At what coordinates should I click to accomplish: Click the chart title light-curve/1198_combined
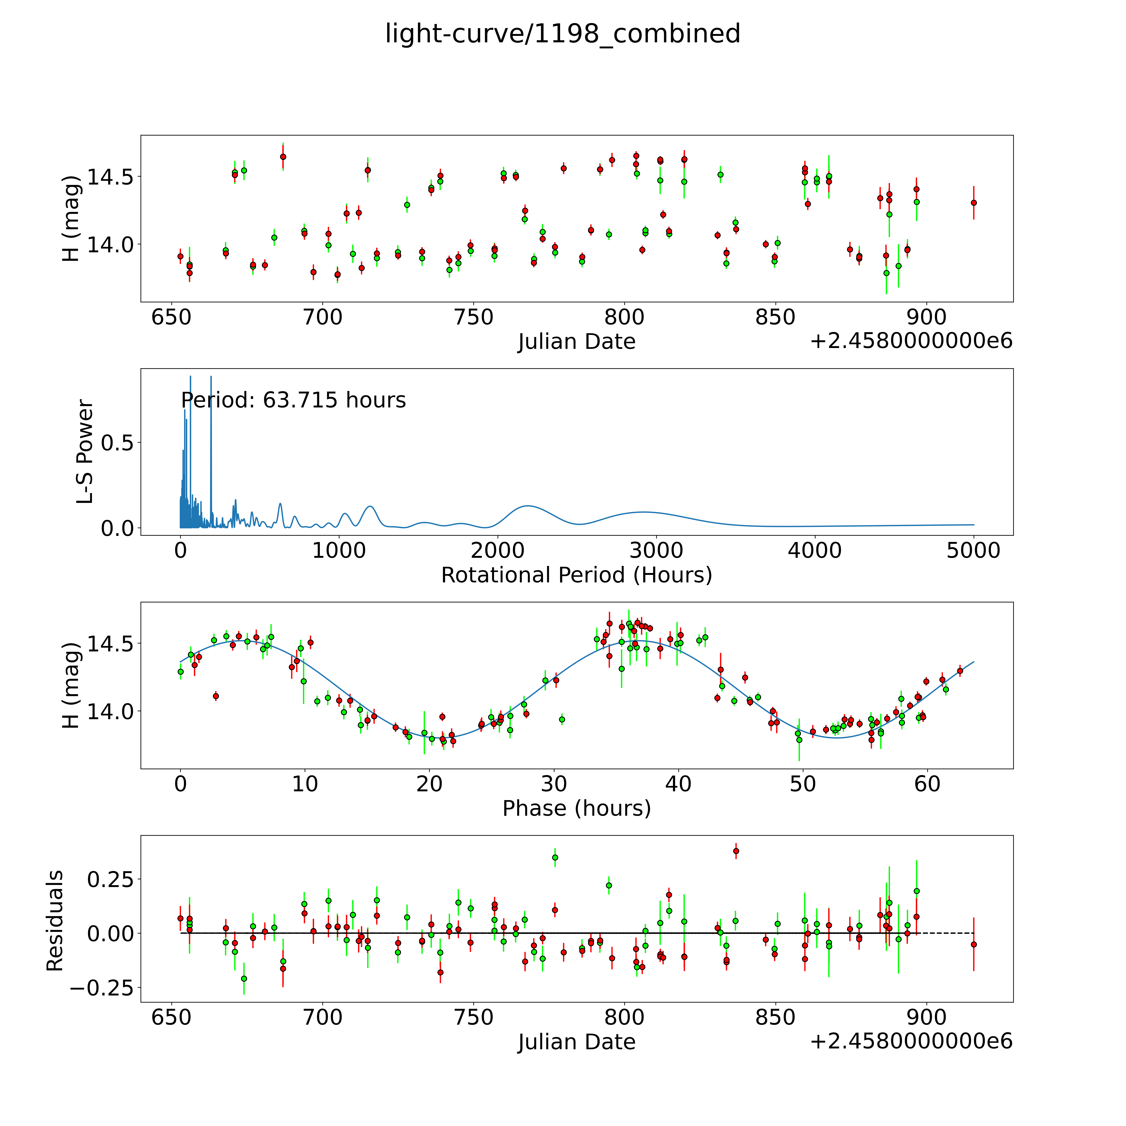tap(562, 34)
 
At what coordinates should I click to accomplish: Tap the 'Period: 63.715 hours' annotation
tap(293, 400)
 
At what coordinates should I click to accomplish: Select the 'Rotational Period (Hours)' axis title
tap(576, 575)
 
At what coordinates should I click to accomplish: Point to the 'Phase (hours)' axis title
tap(576, 808)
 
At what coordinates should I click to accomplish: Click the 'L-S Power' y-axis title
tap(85, 452)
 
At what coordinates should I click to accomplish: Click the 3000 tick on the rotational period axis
tap(656, 551)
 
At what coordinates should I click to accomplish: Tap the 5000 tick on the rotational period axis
tap(973, 551)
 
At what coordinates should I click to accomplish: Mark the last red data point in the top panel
tap(973, 203)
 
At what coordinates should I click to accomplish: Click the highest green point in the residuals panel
tap(555, 857)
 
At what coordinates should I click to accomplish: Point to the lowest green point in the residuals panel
tap(244, 979)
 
